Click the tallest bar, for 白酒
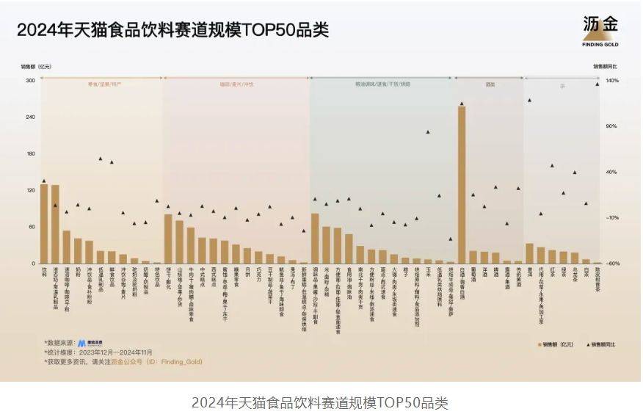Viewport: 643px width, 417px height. (462, 185)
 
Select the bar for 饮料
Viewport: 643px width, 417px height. (44, 224)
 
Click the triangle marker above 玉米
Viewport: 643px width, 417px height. (428, 132)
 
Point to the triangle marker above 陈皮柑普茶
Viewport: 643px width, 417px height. (597, 84)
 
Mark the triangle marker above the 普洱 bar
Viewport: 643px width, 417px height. (529, 100)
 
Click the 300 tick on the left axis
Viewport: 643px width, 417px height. (30, 80)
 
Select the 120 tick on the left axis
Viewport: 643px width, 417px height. (30, 190)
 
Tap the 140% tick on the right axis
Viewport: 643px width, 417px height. (611, 80)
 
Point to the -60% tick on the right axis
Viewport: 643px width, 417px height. (611, 264)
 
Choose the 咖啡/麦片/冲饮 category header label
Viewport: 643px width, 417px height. (236, 84)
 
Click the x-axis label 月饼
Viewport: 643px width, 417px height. (247, 272)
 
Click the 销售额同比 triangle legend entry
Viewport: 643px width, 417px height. (595, 344)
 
